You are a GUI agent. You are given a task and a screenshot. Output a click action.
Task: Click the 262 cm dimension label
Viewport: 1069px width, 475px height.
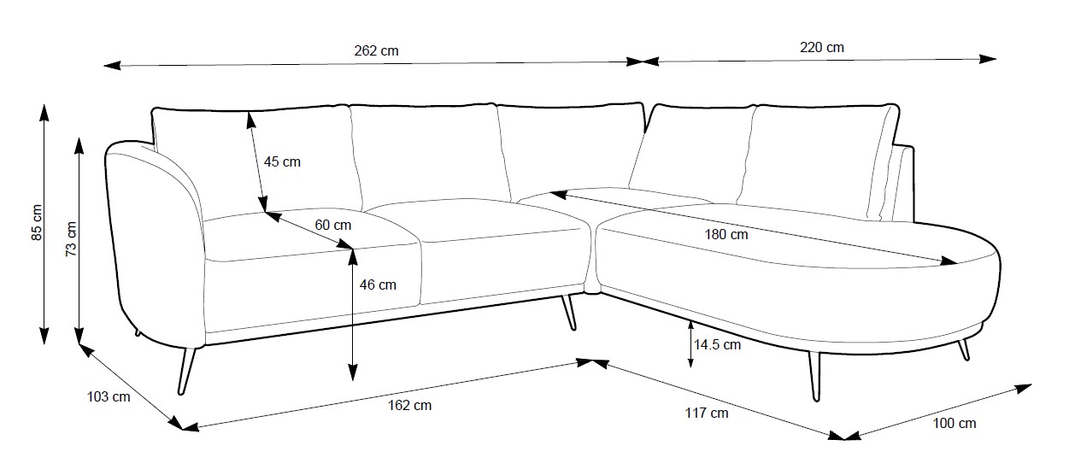[376, 50]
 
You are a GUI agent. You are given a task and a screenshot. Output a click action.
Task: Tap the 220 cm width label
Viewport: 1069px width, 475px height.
[821, 48]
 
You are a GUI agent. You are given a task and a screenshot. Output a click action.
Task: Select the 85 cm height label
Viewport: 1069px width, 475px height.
[37, 222]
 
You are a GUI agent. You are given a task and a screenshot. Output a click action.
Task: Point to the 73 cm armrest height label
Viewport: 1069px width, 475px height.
[71, 238]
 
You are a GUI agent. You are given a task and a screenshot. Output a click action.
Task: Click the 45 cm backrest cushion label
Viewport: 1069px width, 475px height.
[282, 161]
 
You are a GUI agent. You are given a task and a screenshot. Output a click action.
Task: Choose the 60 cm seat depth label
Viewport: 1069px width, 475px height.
[332, 226]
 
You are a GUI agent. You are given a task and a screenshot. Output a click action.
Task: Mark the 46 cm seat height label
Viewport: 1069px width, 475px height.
[378, 284]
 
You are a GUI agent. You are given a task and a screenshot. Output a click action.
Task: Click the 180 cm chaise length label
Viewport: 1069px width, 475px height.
[726, 234]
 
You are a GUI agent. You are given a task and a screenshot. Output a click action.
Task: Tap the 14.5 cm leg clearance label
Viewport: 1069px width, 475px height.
[717, 345]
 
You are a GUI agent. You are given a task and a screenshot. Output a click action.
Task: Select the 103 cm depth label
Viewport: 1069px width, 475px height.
[109, 396]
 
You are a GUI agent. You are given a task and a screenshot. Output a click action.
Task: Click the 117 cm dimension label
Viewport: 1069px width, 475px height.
[707, 413]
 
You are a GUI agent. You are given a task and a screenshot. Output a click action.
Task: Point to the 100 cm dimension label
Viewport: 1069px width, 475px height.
[954, 423]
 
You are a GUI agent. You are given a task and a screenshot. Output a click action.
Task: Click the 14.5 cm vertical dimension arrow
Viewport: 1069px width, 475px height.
[690, 344]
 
